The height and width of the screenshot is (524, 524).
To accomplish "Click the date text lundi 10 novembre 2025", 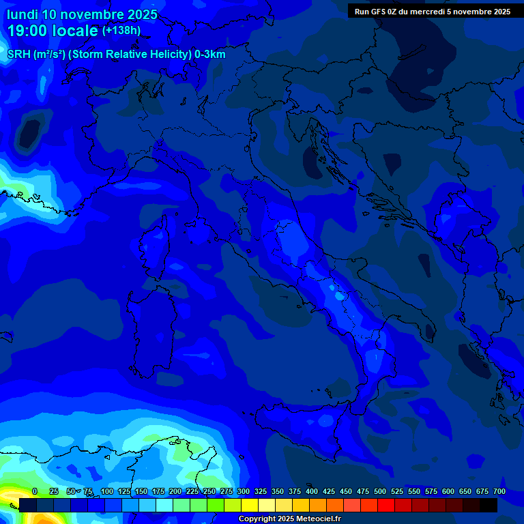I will [83, 14].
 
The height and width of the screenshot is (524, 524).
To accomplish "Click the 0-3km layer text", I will [210, 55].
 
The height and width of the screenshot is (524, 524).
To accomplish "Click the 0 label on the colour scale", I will [35, 491].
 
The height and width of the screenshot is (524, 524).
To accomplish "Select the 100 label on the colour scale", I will [107, 491].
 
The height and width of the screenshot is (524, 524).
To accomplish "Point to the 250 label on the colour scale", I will [209, 491].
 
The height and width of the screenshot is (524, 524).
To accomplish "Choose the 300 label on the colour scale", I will [244, 491].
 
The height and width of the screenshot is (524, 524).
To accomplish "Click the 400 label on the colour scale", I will [312, 491].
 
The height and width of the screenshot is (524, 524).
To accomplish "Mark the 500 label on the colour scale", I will [380, 491].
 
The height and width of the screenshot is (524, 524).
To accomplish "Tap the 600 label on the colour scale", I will [448, 491].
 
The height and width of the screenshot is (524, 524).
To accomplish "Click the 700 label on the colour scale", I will [499, 491].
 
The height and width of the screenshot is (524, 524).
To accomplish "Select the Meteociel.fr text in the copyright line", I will [316, 519].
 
